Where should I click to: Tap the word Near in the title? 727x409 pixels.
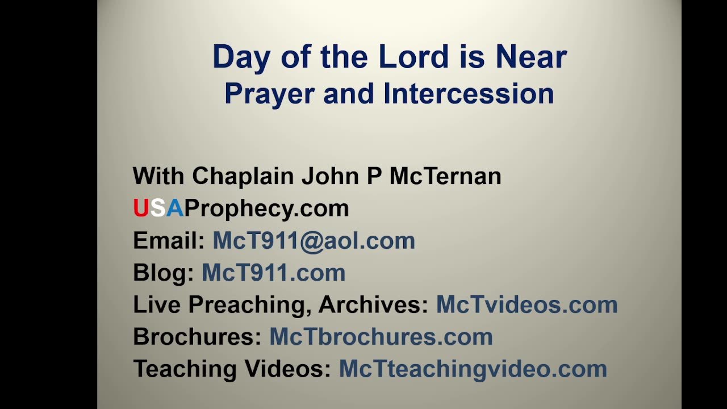click(x=531, y=57)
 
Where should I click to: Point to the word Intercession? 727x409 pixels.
click(x=469, y=94)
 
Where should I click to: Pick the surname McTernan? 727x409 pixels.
click(x=445, y=176)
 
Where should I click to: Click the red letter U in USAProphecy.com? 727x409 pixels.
click(x=140, y=208)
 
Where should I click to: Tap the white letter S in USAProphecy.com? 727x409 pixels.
click(x=157, y=208)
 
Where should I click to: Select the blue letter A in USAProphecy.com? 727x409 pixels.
click(x=174, y=208)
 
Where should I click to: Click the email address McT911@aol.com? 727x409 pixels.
click(x=314, y=241)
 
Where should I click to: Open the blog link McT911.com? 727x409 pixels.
click(x=274, y=273)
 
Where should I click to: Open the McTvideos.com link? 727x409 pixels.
click(x=527, y=305)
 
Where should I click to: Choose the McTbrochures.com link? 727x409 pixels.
click(x=381, y=337)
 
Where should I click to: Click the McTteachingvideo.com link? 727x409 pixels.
click(x=473, y=369)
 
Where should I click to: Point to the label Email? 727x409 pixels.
click(x=169, y=241)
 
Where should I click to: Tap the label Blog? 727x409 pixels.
click(x=164, y=273)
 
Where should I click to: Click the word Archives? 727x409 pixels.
click(x=373, y=305)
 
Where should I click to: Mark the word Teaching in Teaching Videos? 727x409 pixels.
click(x=185, y=369)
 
